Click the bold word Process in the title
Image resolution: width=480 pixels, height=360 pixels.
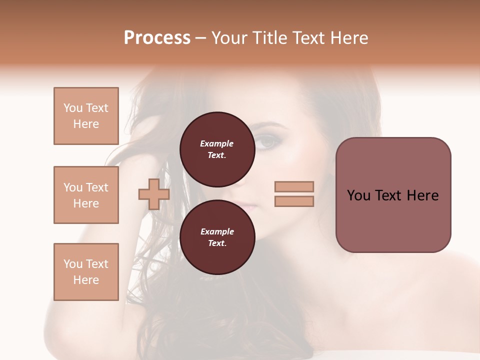(x=157, y=38)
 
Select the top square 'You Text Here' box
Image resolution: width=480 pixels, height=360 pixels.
(x=86, y=116)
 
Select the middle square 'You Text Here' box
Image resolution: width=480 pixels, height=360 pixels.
(x=86, y=195)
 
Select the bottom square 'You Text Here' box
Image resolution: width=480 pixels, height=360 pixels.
(x=86, y=272)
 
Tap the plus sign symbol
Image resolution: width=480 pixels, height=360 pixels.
(x=154, y=194)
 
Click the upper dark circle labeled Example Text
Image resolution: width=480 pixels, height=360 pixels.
(x=217, y=149)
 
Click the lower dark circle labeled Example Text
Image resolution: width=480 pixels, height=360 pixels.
(x=217, y=237)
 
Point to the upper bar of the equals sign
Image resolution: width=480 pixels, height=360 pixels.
(x=294, y=186)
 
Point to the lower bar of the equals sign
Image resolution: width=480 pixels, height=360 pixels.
(x=294, y=201)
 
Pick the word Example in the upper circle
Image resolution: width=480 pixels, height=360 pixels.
(x=217, y=143)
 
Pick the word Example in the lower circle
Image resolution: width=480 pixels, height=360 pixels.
(x=217, y=231)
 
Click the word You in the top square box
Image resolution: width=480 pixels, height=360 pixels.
(x=73, y=108)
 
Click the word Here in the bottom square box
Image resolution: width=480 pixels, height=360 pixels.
(x=86, y=280)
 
